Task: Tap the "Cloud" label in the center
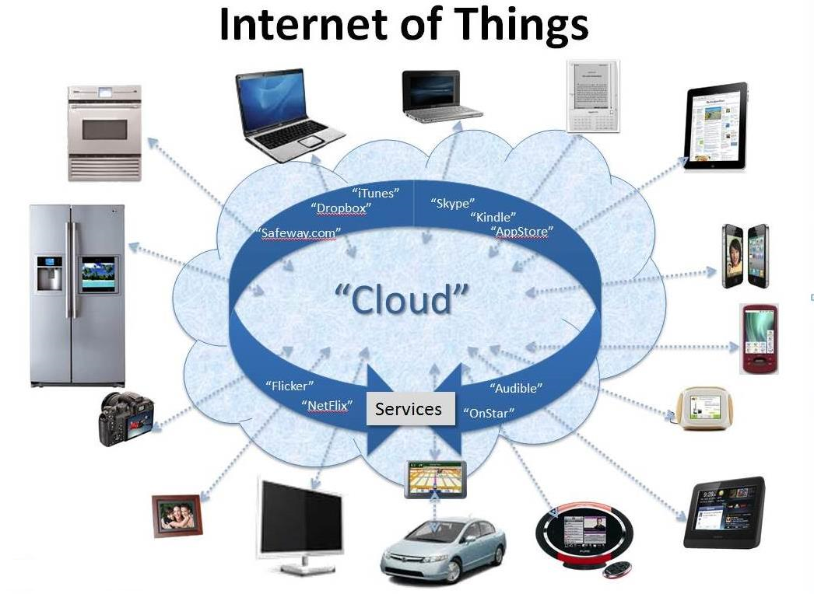(402, 300)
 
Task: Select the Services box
(410, 409)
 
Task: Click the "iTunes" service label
(376, 193)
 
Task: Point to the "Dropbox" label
(341, 208)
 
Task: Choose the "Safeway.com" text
(298, 233)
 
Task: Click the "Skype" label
(453, 203)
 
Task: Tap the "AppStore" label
(521, 232)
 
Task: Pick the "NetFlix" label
(327, 405)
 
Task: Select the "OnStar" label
(489, 413)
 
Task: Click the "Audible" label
(516, 388)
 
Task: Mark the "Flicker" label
(289, 386)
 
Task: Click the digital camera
(126, 418)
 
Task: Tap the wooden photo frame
(177, 515)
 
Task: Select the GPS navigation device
(436, 480)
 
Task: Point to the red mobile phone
(759, 339)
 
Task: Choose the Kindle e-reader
(593, 96)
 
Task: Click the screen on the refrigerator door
(99, 275)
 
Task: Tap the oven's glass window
(105, 130)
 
